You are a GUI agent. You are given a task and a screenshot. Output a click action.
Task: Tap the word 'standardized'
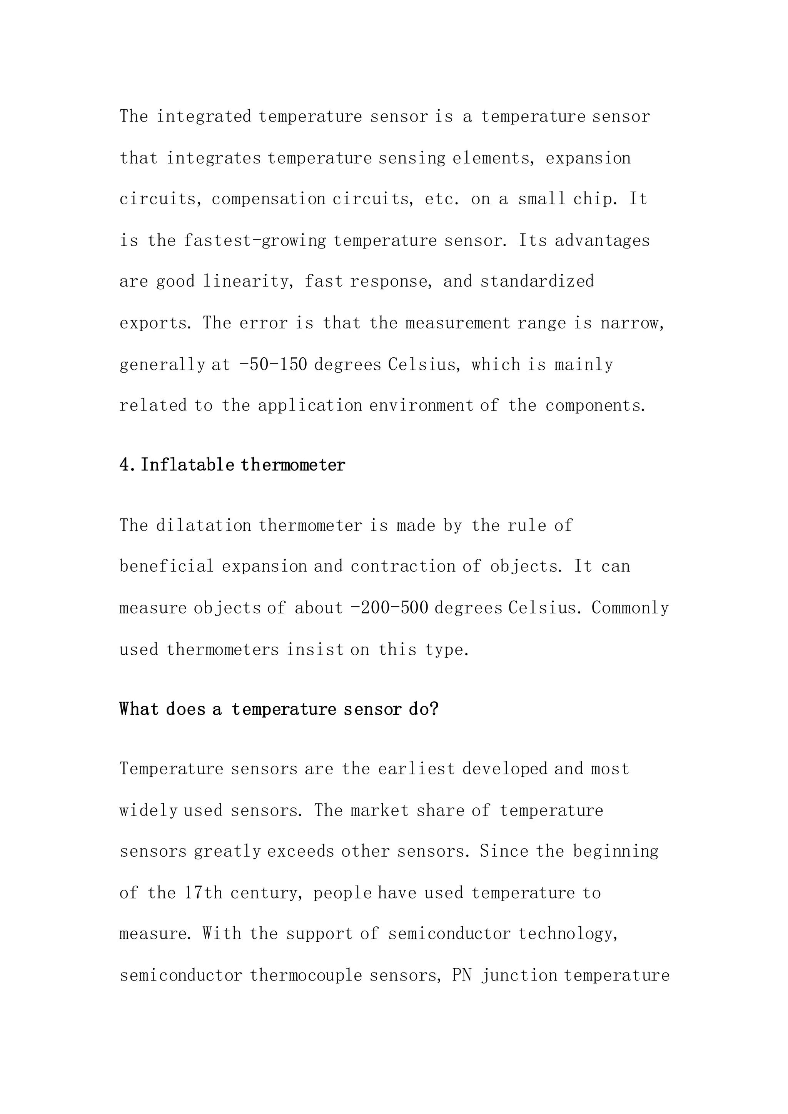[537, 282]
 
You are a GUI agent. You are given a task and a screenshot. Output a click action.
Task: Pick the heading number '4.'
[129, 465]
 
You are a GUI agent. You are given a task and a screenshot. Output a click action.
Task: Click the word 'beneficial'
[167, 566]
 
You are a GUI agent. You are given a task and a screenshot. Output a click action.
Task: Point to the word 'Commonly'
[630, 607]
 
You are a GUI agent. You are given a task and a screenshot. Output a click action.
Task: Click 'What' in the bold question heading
[139, 709]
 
